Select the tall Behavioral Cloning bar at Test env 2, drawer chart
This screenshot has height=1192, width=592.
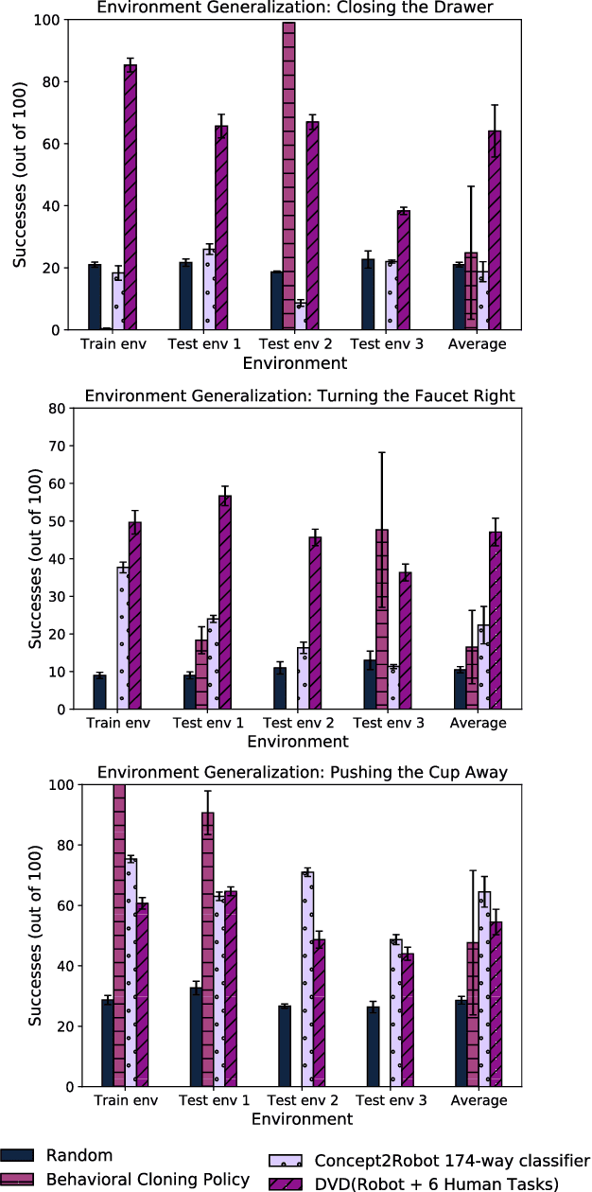[288, 176]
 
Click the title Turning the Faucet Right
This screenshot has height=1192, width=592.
[300, 396]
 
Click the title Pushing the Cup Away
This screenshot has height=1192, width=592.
[302, 773]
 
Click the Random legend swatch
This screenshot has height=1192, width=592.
[18, 1155]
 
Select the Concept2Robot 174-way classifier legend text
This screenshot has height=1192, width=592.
[452, 1161]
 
